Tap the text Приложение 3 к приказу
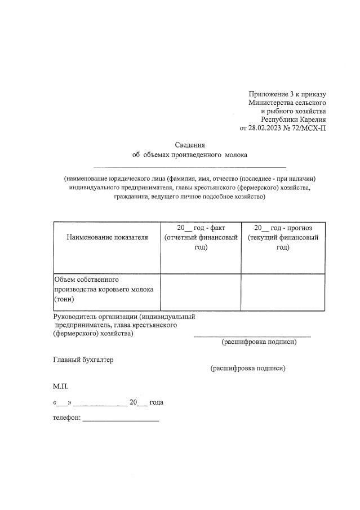click(x=287, y=94)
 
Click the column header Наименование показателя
click(x=107, y=237)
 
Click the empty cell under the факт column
click(x=201, y=292)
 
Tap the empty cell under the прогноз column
click(x=283, y=292)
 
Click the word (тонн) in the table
click(x=64, y=300)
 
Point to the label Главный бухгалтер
click(x=83, y=360)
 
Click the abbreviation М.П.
click(x=61, y=387)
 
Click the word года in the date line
click(x=157, y=402)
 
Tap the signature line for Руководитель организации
click(x=252, y=335)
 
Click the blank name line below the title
click(x=189, y=166)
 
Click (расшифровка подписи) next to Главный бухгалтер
click(x=248, y=368)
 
